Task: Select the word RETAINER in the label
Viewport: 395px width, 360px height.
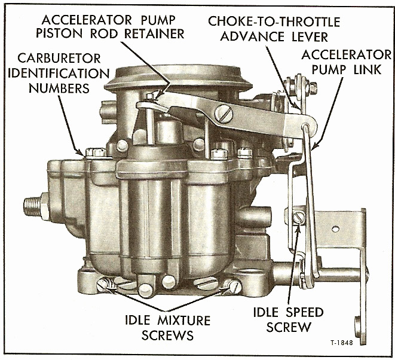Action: [x=154, y=33]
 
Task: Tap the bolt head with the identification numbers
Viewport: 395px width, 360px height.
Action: [x=93, y=152]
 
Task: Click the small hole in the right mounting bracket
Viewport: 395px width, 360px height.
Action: [x=336, y=228]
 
